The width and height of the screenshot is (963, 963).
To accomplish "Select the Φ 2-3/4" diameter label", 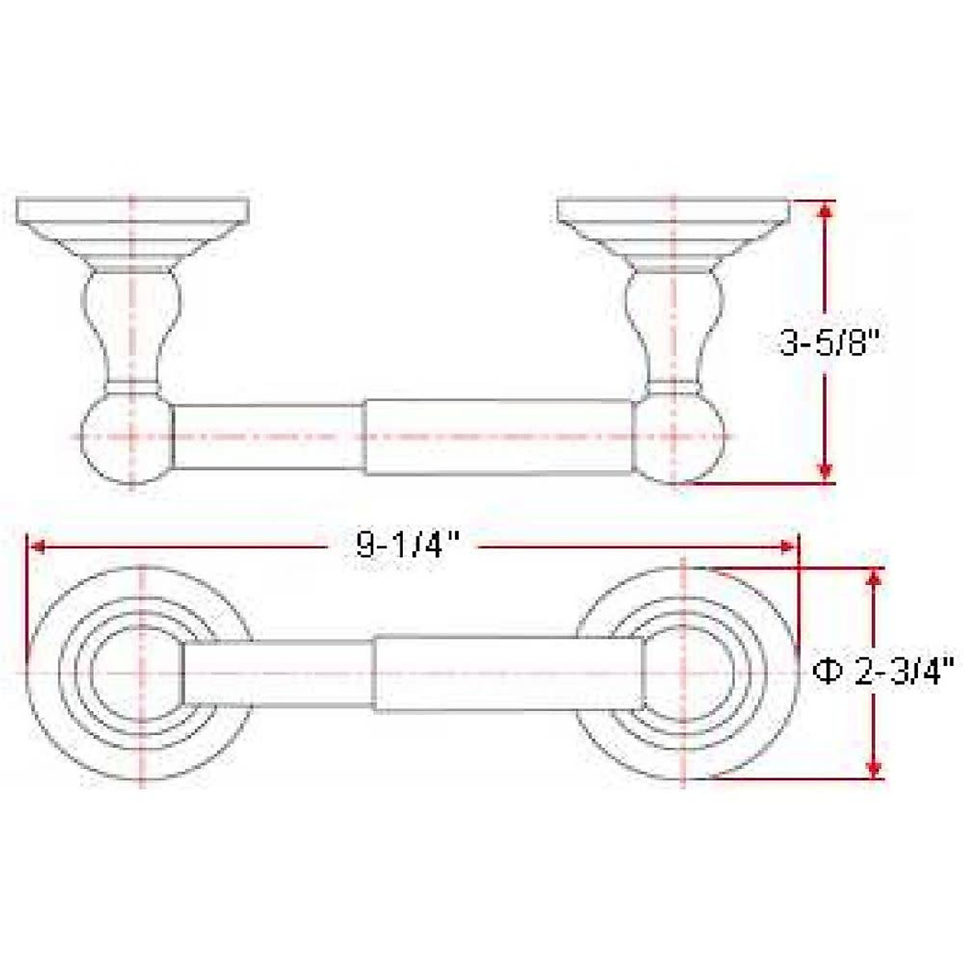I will click(882, 670).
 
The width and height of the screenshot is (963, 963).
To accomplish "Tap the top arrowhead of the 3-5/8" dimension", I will click(825, 209).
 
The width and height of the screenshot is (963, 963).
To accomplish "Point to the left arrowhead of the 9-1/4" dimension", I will click(37, 547).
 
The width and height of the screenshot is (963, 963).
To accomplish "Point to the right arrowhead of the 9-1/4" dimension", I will click(788, 547).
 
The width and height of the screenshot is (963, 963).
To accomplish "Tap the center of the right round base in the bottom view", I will click(684, 672).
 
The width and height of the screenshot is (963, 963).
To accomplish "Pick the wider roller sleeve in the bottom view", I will click(507, 672).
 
